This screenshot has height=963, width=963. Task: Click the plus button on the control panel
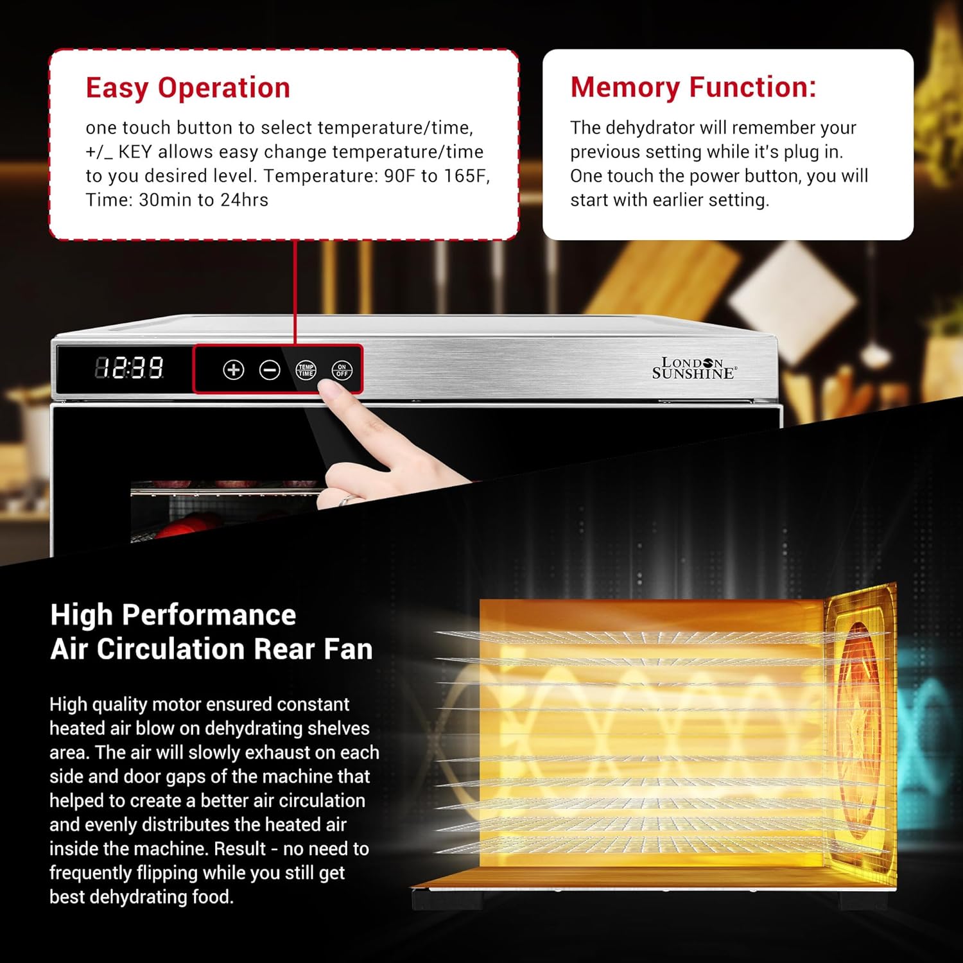(x=234, y=370)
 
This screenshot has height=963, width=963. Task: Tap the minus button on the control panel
(x=270, y=370)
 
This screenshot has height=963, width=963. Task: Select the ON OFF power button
(x=342, y=370)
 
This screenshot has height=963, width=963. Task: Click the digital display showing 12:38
(x=129, y=368)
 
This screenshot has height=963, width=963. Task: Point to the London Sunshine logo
(x=695, y=369)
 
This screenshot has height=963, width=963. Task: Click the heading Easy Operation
(x=188, y=88)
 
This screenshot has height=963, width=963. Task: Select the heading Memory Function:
(x=693, y=87)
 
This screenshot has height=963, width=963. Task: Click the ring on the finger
(x=345, y=499)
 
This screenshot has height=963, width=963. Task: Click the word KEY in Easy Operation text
(x=135, y=152)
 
